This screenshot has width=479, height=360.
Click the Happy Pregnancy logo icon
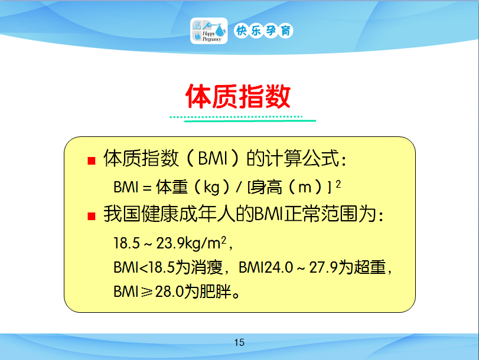(x=208, y=31)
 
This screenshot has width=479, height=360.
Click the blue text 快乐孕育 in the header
(x=263, y=31)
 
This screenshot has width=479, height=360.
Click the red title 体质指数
(x=237, y=96)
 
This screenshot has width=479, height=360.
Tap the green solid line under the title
(x=250, y=121)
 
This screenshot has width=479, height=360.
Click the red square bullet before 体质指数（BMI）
(x=92, y=161)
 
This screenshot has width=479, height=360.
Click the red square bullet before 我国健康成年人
(x=92, y=216)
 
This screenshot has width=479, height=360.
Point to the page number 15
(x=239, y=343)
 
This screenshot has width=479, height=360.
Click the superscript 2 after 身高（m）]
(x=338, y=184)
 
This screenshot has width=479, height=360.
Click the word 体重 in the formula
(x=172, y=187)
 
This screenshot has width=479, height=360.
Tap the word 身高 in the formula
(x=266, y=187)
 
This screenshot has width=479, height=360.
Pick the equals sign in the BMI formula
(x=147, y=188)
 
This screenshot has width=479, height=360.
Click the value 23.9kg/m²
(x=191, y=243)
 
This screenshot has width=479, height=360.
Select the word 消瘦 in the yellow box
(x=207, y=267)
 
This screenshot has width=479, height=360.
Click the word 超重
(x=370, y=267)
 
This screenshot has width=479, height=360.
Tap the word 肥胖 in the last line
(x=215, y=292)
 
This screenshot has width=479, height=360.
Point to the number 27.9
(x=323, y=267)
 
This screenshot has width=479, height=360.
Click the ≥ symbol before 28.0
(x=146, y=292)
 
